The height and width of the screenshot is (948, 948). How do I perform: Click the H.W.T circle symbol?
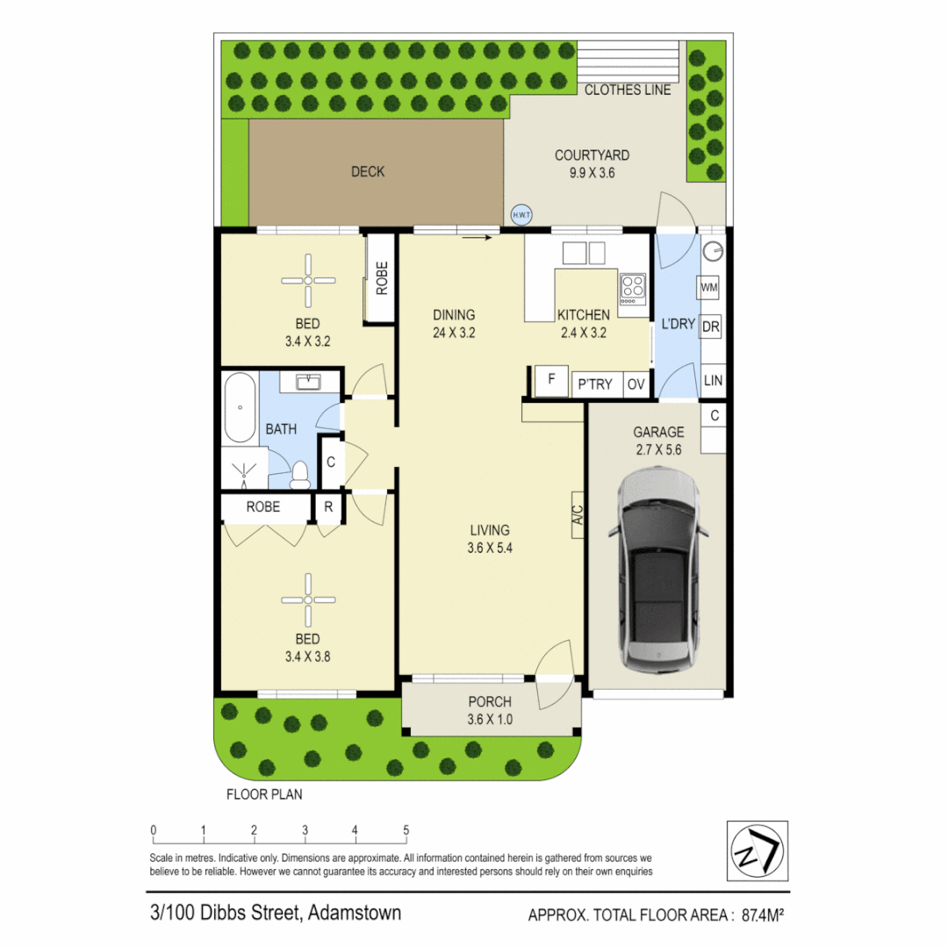[522, 214]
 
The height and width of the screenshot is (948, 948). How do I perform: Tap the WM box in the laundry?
[710, 287]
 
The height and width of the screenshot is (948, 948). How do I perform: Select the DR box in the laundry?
[710, 327]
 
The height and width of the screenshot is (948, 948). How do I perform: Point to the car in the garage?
[657, 574]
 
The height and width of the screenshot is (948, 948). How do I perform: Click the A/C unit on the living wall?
[578, 513]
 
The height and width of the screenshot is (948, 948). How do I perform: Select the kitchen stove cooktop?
[632, 285]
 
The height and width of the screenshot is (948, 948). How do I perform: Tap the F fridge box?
[551, 380]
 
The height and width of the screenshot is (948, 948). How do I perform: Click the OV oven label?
[635, 384]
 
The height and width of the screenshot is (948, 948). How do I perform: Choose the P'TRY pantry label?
[595, 384]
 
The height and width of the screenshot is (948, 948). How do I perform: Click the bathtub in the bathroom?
[240, 408]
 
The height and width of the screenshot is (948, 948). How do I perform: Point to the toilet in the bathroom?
[300, 475]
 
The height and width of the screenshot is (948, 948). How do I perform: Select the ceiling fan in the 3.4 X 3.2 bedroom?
[308, 280]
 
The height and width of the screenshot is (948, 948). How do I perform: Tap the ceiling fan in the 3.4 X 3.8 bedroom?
[308, 600]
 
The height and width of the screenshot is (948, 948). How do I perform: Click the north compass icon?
[758, 851]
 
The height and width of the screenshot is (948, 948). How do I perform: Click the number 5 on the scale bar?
[406, 829]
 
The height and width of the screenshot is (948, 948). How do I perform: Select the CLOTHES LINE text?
[627, 90]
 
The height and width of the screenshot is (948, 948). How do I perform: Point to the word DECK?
[367, 172]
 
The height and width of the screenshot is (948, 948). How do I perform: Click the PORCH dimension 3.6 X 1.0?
[491, 721]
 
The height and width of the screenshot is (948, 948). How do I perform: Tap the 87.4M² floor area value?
[762, 916]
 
